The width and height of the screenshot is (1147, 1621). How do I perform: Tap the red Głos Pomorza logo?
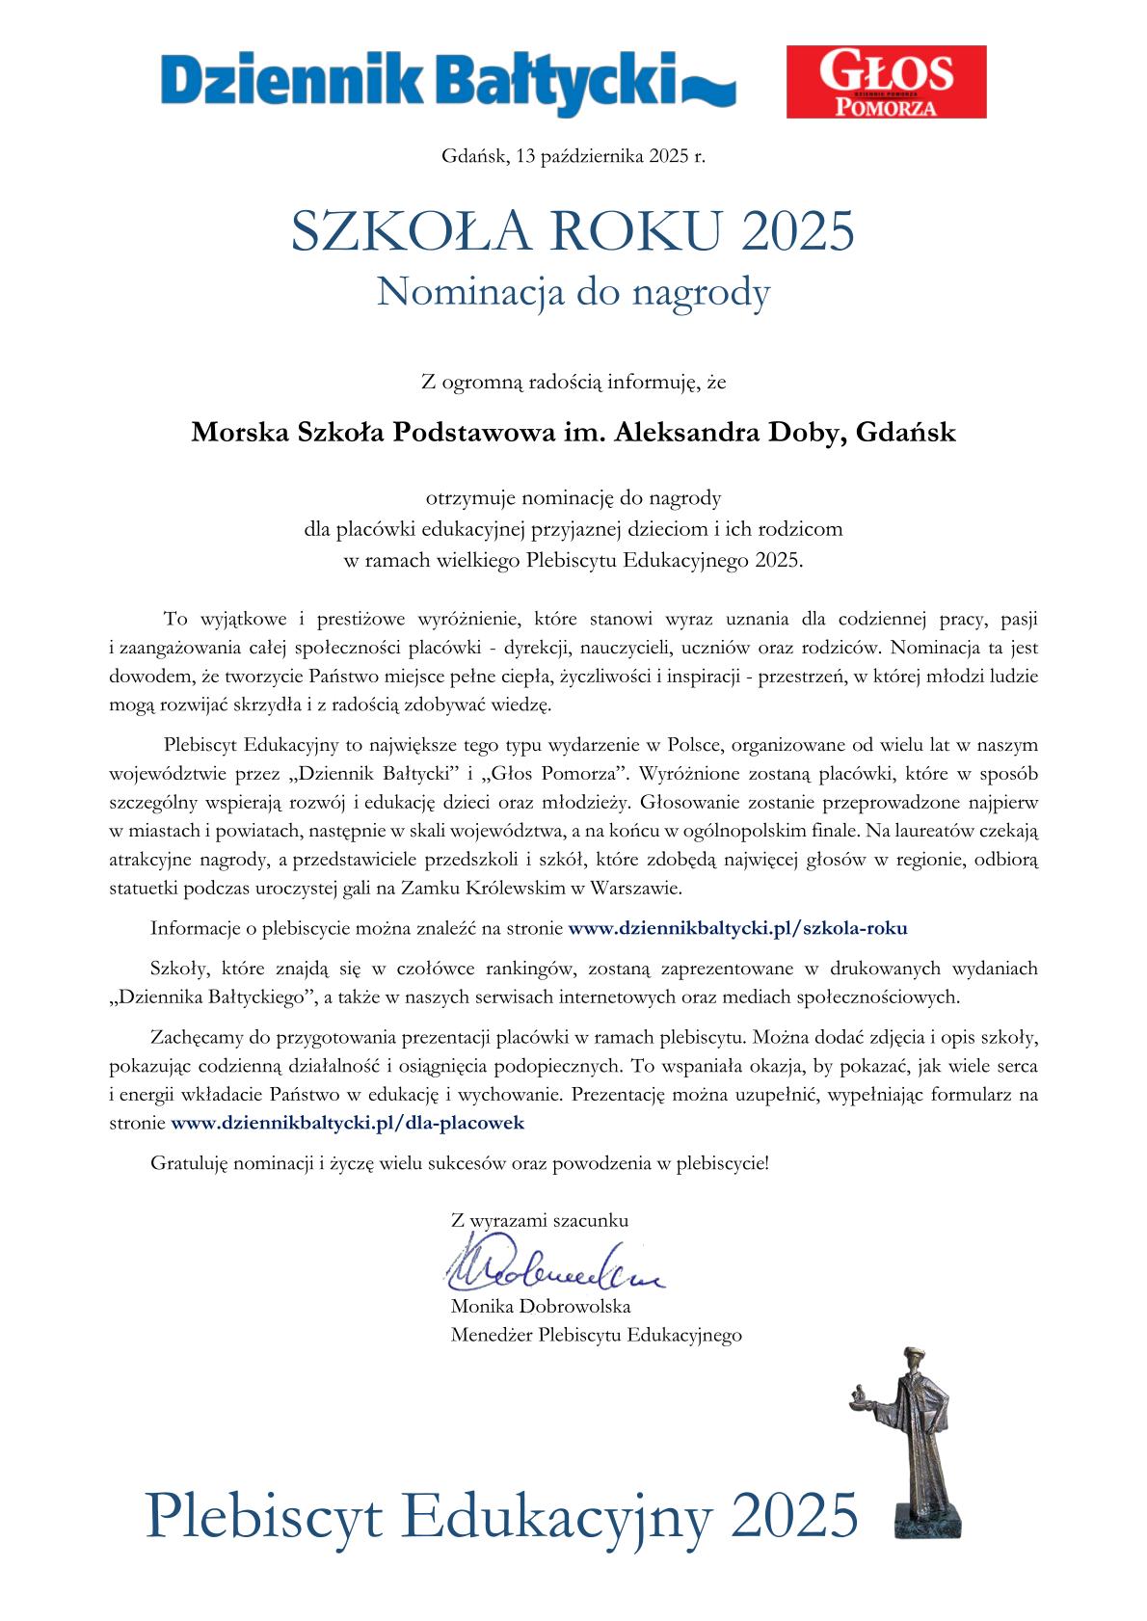click(886, 82)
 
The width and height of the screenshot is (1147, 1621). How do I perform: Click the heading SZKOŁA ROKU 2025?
click(573, 232)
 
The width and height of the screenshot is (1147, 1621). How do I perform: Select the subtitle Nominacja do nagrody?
click(573, 292)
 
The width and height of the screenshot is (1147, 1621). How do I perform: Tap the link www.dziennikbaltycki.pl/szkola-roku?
click(738, 929)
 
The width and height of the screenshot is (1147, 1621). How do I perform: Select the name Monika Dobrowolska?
click(541, 1308)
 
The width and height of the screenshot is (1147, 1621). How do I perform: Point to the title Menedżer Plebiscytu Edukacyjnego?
click(596, 1336)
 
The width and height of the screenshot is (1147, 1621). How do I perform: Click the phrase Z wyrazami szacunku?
click(540, 1220)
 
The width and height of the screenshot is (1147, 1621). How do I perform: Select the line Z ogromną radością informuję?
click(573, 383)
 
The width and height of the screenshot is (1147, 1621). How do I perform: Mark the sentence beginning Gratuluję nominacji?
click(460, 1162)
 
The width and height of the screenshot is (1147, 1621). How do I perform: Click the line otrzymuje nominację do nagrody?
click(573, 498)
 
